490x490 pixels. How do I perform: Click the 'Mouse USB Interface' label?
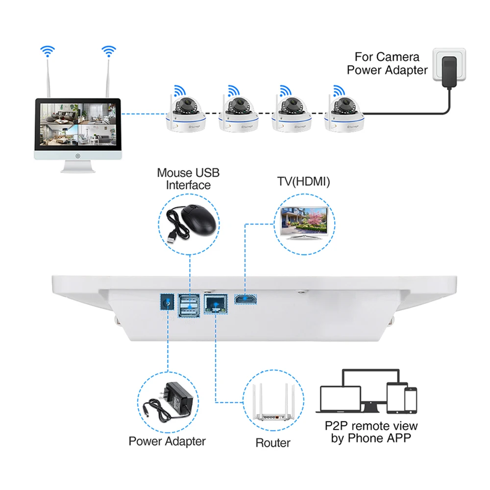coord(188,179)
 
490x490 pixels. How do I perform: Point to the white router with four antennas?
coord(272,405)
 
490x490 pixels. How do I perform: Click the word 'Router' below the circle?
coord(273,443)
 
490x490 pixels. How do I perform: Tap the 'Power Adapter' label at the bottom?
coord(167,441)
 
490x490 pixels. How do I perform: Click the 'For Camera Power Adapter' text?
coord(387,64)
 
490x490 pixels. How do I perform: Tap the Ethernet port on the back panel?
coord(216,305)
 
